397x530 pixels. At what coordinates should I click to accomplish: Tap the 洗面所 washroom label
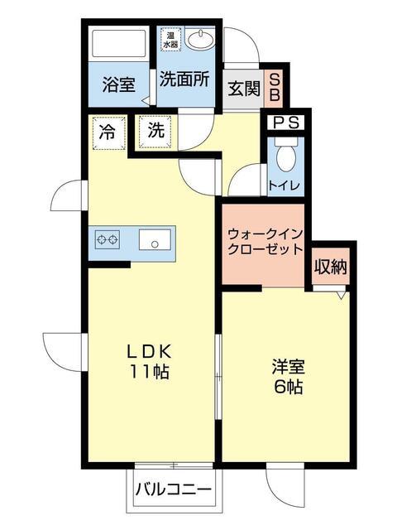point(184,84)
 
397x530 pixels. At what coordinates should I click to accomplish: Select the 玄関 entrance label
point(243,88)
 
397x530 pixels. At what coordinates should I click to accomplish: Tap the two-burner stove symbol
point(108,241)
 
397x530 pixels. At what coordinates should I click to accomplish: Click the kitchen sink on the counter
point(154,241)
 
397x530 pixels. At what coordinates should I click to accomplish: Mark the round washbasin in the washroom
point(199,40)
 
